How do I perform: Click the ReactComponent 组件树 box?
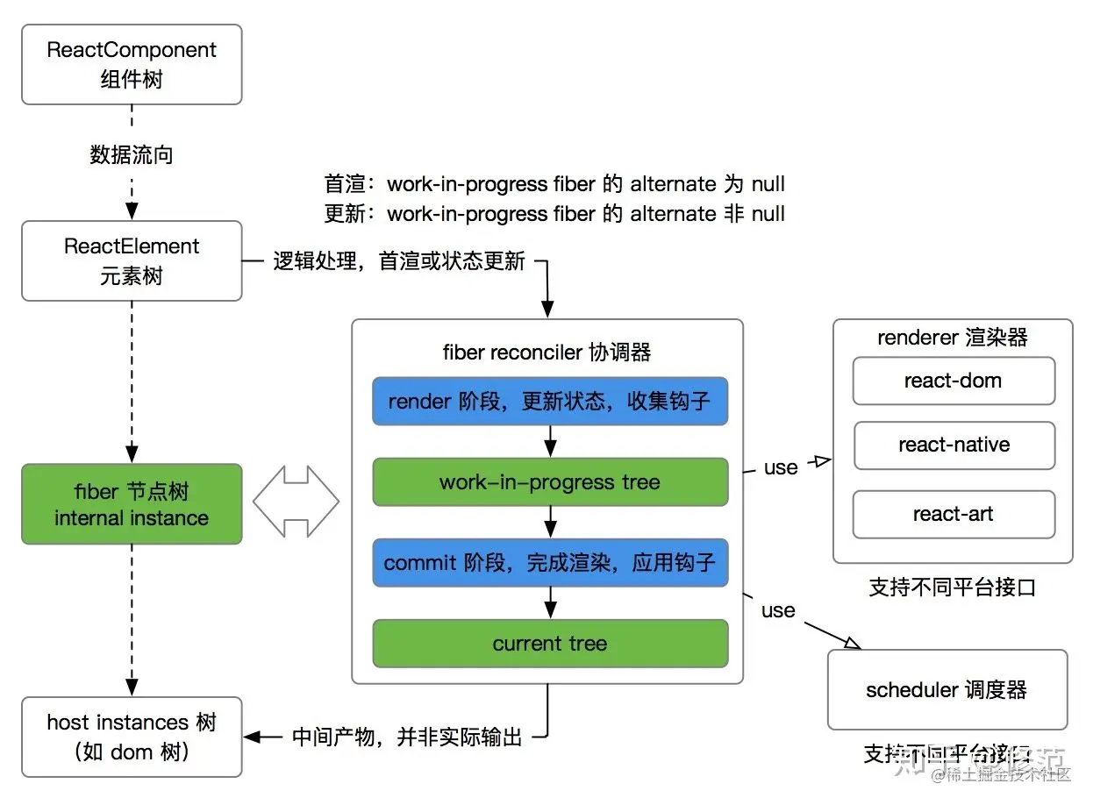[x=132, y=64]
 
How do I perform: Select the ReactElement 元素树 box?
[x=132, y=260]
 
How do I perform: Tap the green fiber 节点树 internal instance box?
[x=132, y=504]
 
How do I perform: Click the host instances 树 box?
[x=132, y=737]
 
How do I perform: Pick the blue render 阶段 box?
[x=550, y=402]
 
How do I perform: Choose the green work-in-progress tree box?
[x=550, y=482]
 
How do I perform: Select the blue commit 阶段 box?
[x=550, y=563]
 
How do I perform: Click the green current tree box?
[x=550, y=644]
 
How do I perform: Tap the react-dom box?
[x=954, y=381]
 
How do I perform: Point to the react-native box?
[x=954, y=445]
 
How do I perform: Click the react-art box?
[x=954, y=514]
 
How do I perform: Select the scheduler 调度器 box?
[x=947, y=690]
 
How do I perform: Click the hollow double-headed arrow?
[x=296, y=502]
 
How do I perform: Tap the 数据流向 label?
[x=132, y=155]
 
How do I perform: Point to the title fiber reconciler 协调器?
[x=546, y=353]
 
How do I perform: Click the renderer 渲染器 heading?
[x=952, y=338]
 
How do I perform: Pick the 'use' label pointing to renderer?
[x=780, y=467]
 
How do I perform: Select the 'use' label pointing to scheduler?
[x=777, y=610]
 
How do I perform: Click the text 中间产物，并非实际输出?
[x=407, y=737]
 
